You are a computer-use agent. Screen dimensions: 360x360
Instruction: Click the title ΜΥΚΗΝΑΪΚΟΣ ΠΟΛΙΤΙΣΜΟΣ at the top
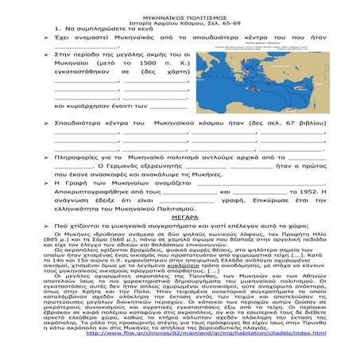click(180, 6)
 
